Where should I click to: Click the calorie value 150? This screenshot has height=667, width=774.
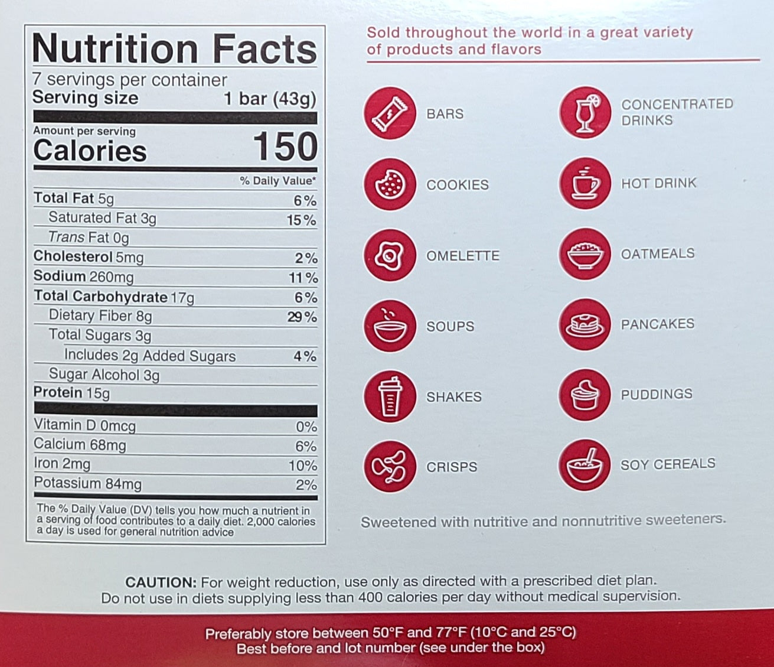coord(285,147)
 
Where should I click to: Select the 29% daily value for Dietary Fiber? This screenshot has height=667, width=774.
coord(302,317)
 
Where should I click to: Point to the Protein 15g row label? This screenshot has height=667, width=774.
coord(71,393)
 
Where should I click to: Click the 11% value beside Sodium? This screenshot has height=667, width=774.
coord(303,278)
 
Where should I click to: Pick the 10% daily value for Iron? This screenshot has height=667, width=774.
coord(303,466)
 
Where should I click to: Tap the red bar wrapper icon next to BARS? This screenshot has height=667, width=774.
coord(390,113)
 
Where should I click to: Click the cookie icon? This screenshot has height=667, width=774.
coord(390,184)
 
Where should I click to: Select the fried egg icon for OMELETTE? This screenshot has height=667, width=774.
coord(390,255)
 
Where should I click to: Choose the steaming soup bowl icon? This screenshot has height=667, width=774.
coord(390,326)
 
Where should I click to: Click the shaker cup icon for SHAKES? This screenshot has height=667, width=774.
coord(390,396)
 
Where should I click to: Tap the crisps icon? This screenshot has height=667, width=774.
coord(390,467)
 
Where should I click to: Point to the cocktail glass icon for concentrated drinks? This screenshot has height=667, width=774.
coord(584,112)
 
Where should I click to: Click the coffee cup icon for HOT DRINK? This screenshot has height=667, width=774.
coord(584,183)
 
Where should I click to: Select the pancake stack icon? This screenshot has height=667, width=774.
coord(584,324)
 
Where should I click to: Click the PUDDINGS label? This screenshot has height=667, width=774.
coord(657,394)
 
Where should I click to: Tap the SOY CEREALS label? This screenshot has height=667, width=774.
coord(668,464)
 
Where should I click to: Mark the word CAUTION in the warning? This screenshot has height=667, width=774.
coord(161,582)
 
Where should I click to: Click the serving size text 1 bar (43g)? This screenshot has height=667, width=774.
coord(270,99)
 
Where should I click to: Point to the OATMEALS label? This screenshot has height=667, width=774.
coord(658,253)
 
